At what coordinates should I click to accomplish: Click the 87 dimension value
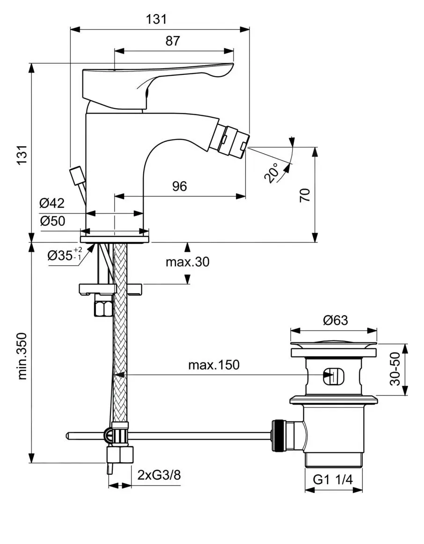(x=173, y=41)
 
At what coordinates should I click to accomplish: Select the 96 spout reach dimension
(x=179, y=186)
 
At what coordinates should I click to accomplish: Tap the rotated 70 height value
(x=305, y=195)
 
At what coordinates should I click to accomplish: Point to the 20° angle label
(x=272, y=172)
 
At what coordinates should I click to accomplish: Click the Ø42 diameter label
(x=52, y=203)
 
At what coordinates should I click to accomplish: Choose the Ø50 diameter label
(x=52, y=221)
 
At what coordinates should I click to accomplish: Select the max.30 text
(x=187, y=262)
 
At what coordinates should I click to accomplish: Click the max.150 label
(x=213, y=364)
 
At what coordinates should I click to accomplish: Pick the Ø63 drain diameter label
(x=335, y=320)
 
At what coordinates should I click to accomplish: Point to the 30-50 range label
(x=396, y=370)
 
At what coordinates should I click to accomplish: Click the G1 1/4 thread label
(x=332, y=479)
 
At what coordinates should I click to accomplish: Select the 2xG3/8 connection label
(x=159, y=475)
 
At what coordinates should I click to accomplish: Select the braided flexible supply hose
(x=120, y=337)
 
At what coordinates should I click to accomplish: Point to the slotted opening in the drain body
(x=333, y=376)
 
